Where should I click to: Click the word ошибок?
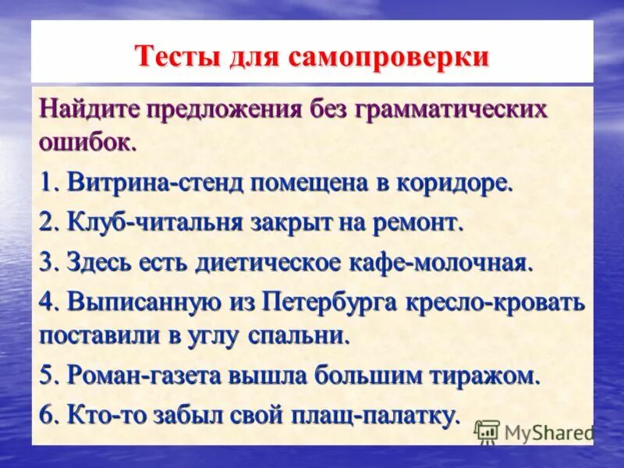pyautogui.click(x=87, y=143)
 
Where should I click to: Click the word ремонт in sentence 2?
pyautogui.click(x=418, y=223)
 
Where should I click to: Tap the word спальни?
pyautogui.click(x=303, y=335)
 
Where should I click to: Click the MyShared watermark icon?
pyautogui.click(x=487, y=431)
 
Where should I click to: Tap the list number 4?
pyautogui.click(x=46, y=301)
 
